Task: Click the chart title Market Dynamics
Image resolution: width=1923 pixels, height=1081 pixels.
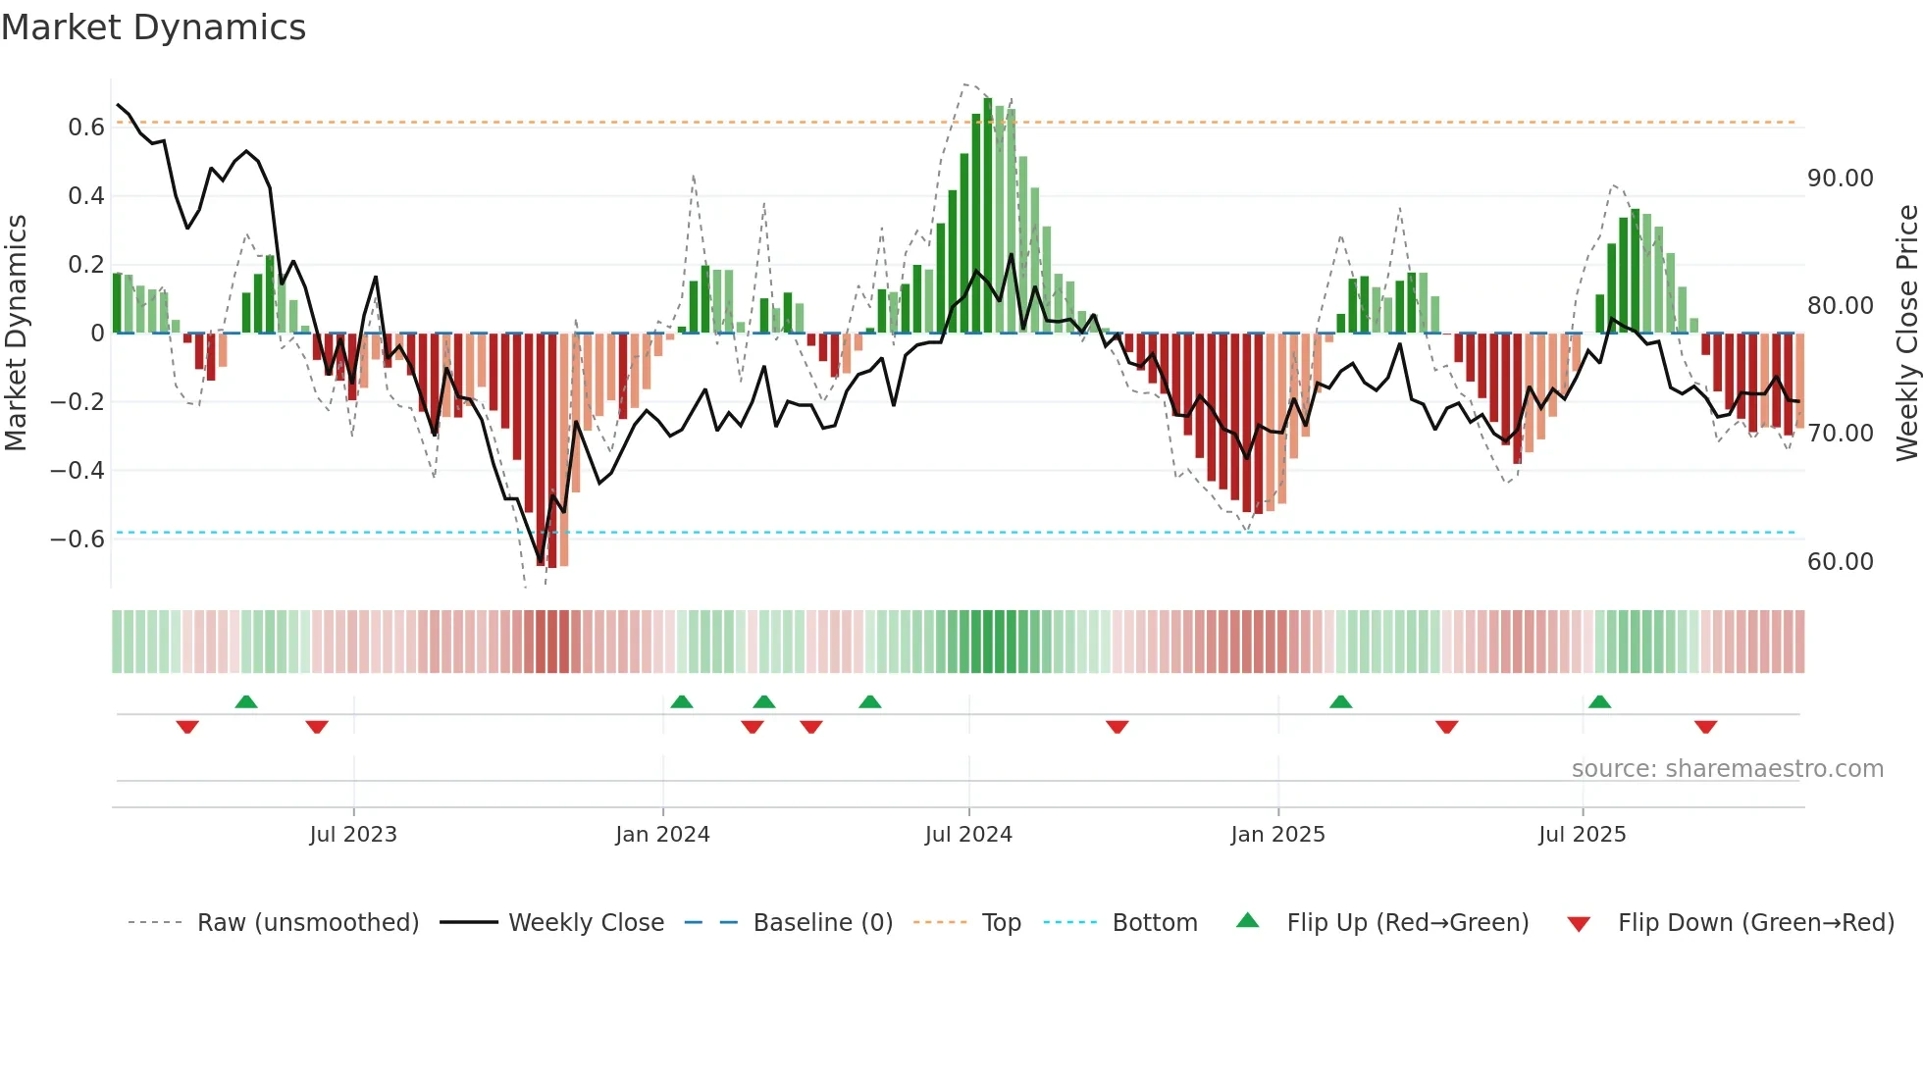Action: coord(153,27)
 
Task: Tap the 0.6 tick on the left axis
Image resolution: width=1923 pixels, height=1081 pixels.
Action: coord(86,128)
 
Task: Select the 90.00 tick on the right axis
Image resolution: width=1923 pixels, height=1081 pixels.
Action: coord(1841,179)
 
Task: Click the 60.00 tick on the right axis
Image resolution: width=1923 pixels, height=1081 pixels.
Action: coord(1841,562)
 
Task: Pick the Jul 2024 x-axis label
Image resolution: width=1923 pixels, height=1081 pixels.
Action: coord(968,835)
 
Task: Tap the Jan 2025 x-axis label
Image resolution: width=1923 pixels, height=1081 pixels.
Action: coord(1277,835)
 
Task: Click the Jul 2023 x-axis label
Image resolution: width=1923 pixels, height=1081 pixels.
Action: coord(353,835)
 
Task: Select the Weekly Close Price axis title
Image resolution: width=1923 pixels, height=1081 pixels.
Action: coord(1906,334)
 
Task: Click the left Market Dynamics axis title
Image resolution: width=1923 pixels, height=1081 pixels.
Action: coord(16,334)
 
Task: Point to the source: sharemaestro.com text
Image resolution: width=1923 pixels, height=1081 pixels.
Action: coord(1727,769)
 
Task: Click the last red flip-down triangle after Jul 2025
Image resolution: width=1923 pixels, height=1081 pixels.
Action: coord(1705,727)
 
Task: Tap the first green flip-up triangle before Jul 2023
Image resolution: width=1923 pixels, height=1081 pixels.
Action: coord(246,701)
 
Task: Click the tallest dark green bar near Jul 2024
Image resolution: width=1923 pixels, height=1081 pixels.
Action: coord(988,216)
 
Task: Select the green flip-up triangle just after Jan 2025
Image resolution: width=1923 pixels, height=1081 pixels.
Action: coord(1340,701)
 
